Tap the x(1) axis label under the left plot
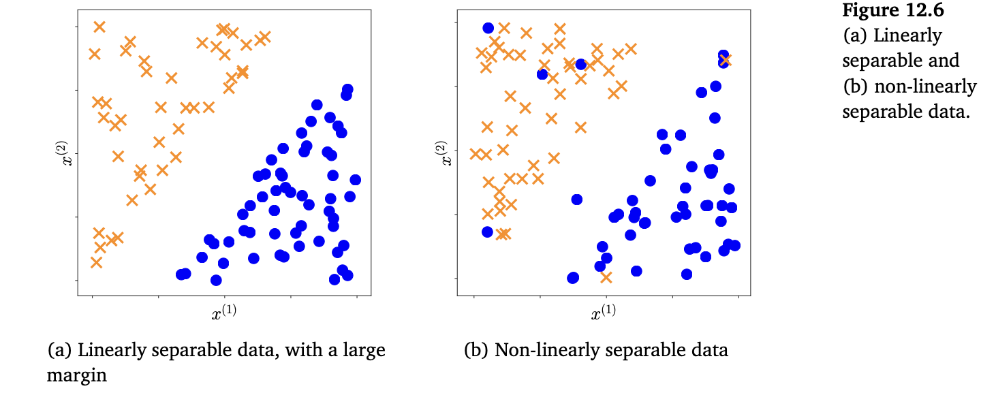pyautogui.click(x=224, y=313)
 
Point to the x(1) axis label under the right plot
pyautogui.click(x=603, y=313)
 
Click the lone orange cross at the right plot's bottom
pyautogui.click(x=606, y=277)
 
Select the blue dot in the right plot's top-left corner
pyautogui.click(x=488, y=28)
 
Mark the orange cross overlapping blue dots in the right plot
pyautogui.click(x=724, y=60)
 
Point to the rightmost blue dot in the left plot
pyautogui.click(x=355, y=180)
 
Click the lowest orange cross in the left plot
pyautogui.click(x=96, y=262)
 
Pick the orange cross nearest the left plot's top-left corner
pyautogui.click(x=99, y=27)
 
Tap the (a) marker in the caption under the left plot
pyautogui.click(x=60, y=351)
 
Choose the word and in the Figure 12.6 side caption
pyautogui.click(x=941, y=61)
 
